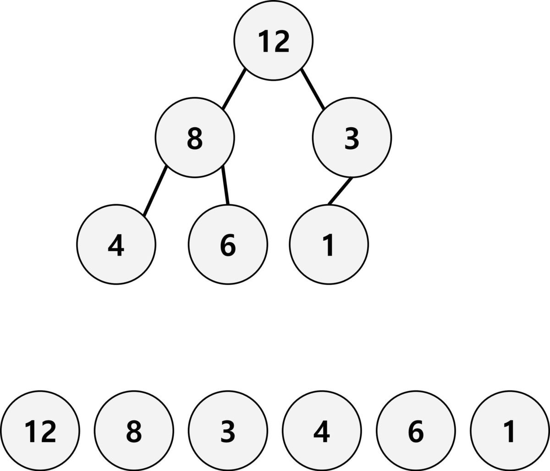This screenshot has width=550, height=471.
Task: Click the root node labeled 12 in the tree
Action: (274, 41)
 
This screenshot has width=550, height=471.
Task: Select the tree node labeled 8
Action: (195, 137)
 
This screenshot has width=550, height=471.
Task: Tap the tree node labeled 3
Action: (352, 137)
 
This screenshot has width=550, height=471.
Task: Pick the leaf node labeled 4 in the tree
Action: (116, 244)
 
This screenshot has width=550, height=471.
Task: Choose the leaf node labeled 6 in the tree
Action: (228, 244)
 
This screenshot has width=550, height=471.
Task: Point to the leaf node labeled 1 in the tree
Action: (329, 244)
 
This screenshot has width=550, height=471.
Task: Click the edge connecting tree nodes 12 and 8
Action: (234, 89)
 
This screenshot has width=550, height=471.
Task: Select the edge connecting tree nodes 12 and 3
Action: (313, 89)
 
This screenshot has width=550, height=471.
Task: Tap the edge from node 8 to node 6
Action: (225, 186)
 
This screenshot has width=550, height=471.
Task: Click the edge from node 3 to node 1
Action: (340, 191)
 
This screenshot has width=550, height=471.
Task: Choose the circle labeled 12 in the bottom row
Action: (40, 431)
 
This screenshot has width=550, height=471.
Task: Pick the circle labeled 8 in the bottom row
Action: (134, 431)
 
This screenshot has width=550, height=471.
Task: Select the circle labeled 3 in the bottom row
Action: (228, 431)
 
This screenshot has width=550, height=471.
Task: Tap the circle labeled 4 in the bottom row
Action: (322, 431)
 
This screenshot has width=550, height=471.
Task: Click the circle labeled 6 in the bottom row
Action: (416, 431)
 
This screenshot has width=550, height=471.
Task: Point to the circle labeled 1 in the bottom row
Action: (510, 431)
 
